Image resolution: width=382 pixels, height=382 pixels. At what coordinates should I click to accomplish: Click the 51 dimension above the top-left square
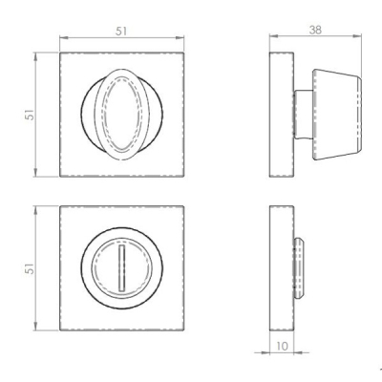click(x=121, y=32)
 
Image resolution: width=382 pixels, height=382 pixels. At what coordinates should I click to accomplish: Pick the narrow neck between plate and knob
click(x=301, y=113)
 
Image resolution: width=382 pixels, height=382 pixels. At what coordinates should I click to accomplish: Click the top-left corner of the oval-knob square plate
click(x=60, y=53)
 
